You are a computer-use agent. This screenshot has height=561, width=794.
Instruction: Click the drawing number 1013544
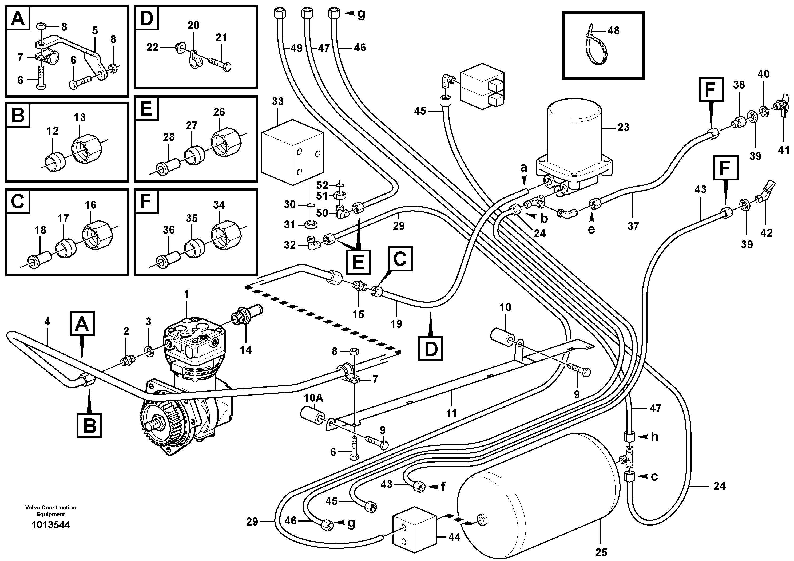pyautogui.click(x=50, y=525)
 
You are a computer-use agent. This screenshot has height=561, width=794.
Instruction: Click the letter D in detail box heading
pyautogui.click(x=147, y=18)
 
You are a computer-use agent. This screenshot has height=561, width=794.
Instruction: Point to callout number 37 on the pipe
pyautogui.click(x=633, y=226)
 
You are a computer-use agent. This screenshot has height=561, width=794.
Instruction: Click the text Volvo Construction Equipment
pyautogui.click(x=50, y=511)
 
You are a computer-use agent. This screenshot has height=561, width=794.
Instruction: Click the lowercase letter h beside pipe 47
pyautogui.click(x=654, y=437)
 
